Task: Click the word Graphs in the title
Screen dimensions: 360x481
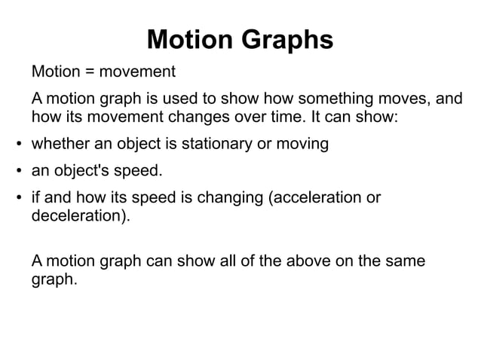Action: click(x=286, y=40)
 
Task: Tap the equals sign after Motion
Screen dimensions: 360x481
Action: click(x=90, y=73)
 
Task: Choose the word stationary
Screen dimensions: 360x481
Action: click(x=211, y=143)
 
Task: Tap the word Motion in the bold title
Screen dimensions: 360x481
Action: click(x=191, y=40)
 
